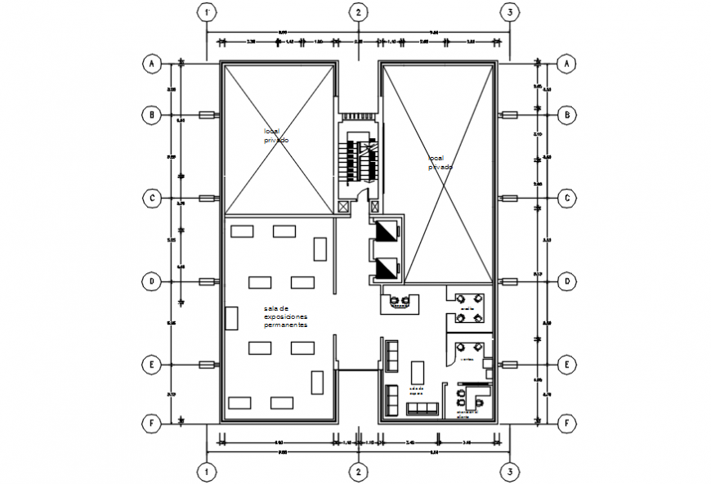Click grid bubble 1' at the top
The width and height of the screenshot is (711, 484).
[209, 12]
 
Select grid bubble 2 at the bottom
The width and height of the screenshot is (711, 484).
[357, 472]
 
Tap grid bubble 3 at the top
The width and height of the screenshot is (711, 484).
[509, 12]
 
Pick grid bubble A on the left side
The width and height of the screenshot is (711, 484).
[151, 63]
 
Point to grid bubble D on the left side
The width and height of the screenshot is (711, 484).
[151, 281]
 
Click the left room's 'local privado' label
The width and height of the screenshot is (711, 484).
[275, 136]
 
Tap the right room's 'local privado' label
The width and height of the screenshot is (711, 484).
[440, 163]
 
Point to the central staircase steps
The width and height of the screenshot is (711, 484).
[359, 159]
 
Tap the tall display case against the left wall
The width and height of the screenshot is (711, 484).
[230, 319]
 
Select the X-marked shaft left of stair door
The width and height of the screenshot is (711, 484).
[342, 208]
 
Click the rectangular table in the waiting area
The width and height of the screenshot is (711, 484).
[418, 372]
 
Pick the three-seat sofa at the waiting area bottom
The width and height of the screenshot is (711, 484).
[423, 408]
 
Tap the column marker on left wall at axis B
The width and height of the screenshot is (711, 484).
[208, 115]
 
